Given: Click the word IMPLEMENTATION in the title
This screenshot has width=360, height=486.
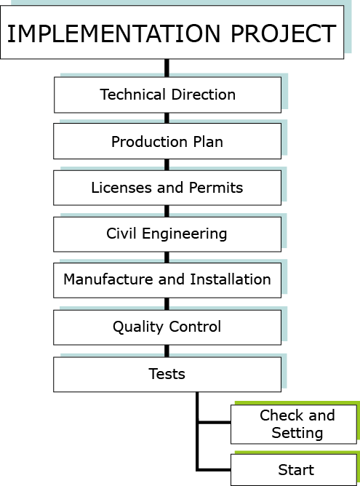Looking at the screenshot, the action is pos(113,33).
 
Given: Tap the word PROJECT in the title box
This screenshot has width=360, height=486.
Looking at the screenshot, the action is pos(284,33).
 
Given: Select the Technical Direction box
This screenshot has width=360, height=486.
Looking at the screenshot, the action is pos(167,95).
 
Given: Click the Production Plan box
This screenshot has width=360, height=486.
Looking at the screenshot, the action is pos(167,141).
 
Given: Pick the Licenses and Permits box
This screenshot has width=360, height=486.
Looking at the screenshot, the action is pos(167,188).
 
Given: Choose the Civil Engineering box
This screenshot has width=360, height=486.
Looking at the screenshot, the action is pos(167,234).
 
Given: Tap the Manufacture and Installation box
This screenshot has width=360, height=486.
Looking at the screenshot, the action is pos(167,280).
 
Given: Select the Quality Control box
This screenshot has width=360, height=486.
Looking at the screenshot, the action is pos(167,327).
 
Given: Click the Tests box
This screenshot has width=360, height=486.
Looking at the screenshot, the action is pos(167,375).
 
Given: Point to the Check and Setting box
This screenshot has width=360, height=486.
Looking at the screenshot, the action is pos(294,424).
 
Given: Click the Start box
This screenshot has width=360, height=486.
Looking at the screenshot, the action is pos(294,470).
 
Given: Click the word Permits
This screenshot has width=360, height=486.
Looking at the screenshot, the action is pos(216,188).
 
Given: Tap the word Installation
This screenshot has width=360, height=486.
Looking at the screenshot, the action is pos(231,279).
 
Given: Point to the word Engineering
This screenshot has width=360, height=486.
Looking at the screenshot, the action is pos(184,234).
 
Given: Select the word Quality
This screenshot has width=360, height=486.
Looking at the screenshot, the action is pos(138,327).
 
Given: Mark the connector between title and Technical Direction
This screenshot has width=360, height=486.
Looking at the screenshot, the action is pos(167,68).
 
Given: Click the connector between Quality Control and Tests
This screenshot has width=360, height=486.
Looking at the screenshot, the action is pos(167,351).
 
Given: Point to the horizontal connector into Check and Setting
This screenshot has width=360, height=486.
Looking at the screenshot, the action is pos(215,422).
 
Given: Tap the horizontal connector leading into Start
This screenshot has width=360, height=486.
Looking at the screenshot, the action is pos(215,470).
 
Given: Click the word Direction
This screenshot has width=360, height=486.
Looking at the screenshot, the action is pos(203,95).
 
